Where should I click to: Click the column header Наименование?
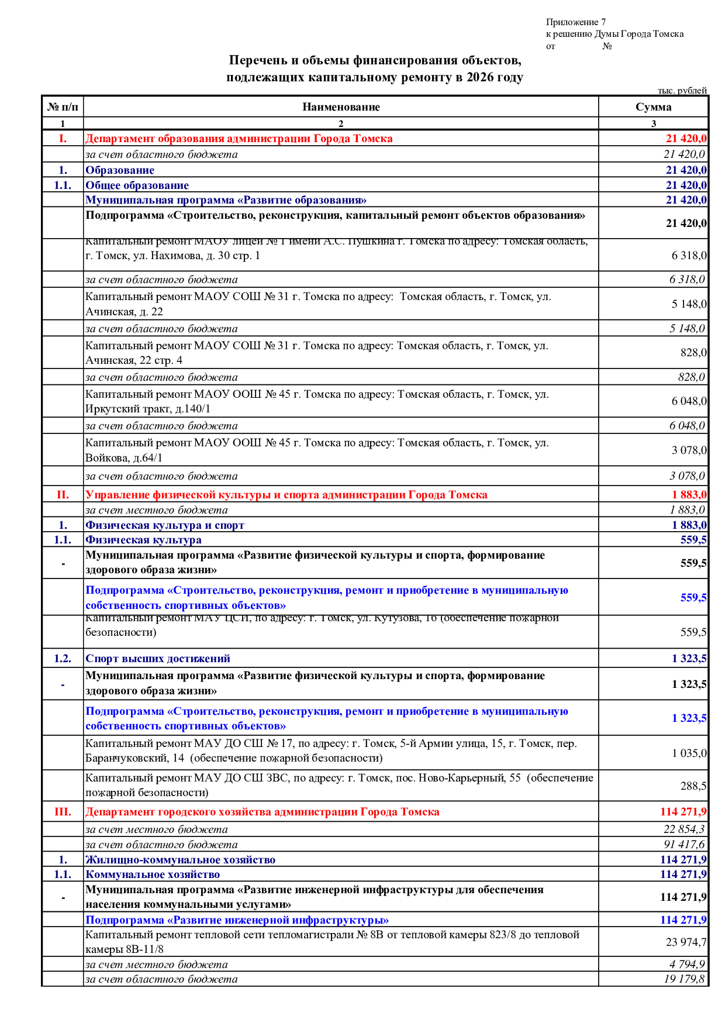tap(341, 107)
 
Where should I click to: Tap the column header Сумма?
tap(653, 107)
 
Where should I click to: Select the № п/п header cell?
tap(63, 107)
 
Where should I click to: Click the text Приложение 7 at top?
tap(575, 22)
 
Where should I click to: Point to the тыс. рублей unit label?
tap(682, 91)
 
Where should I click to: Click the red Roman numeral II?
tap(63, 495)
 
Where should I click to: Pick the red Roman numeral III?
tap(63, 812)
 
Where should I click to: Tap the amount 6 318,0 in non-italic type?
tap(689, 256)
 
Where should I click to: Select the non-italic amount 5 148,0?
tap(689, 304)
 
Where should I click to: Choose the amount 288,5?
tap(693, 786)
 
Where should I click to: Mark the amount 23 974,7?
tap(686, 942)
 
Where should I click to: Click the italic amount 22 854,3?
tap(684, 829)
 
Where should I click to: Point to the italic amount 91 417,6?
tap(684, 845)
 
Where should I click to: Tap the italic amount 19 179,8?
tap(684, 979)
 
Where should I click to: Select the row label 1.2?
tap(63, 659)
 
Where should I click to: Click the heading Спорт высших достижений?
tap(158, 659)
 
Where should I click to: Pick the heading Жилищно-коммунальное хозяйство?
tap(180, 860)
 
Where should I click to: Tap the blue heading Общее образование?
tap(137, 185)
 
